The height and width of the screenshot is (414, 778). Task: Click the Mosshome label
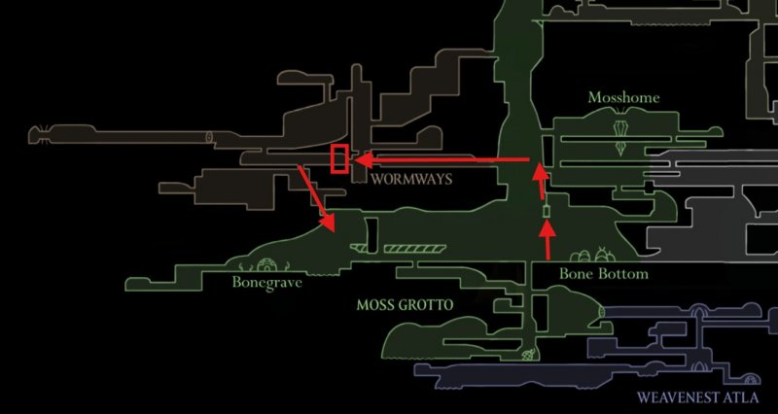623,97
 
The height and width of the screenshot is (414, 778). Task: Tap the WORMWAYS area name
411,179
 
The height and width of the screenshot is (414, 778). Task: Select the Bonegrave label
266,283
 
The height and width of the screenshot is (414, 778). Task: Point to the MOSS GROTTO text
405,305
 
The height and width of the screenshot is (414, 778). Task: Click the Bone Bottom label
604,274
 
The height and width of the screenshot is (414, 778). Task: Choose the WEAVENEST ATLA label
697,397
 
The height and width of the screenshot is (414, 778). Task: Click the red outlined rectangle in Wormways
339,159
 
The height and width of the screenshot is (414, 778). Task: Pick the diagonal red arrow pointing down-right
317,199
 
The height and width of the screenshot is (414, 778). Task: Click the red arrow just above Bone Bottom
548,239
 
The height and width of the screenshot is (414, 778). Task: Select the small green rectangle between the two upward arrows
547,211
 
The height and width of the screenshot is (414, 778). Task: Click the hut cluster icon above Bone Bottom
593,255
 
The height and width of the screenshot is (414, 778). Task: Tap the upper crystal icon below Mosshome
620,128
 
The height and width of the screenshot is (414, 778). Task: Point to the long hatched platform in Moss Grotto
415,249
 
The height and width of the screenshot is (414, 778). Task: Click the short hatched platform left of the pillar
358,248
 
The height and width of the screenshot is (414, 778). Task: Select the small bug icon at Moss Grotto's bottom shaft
529,355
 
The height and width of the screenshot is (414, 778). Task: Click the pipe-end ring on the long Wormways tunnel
209,137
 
